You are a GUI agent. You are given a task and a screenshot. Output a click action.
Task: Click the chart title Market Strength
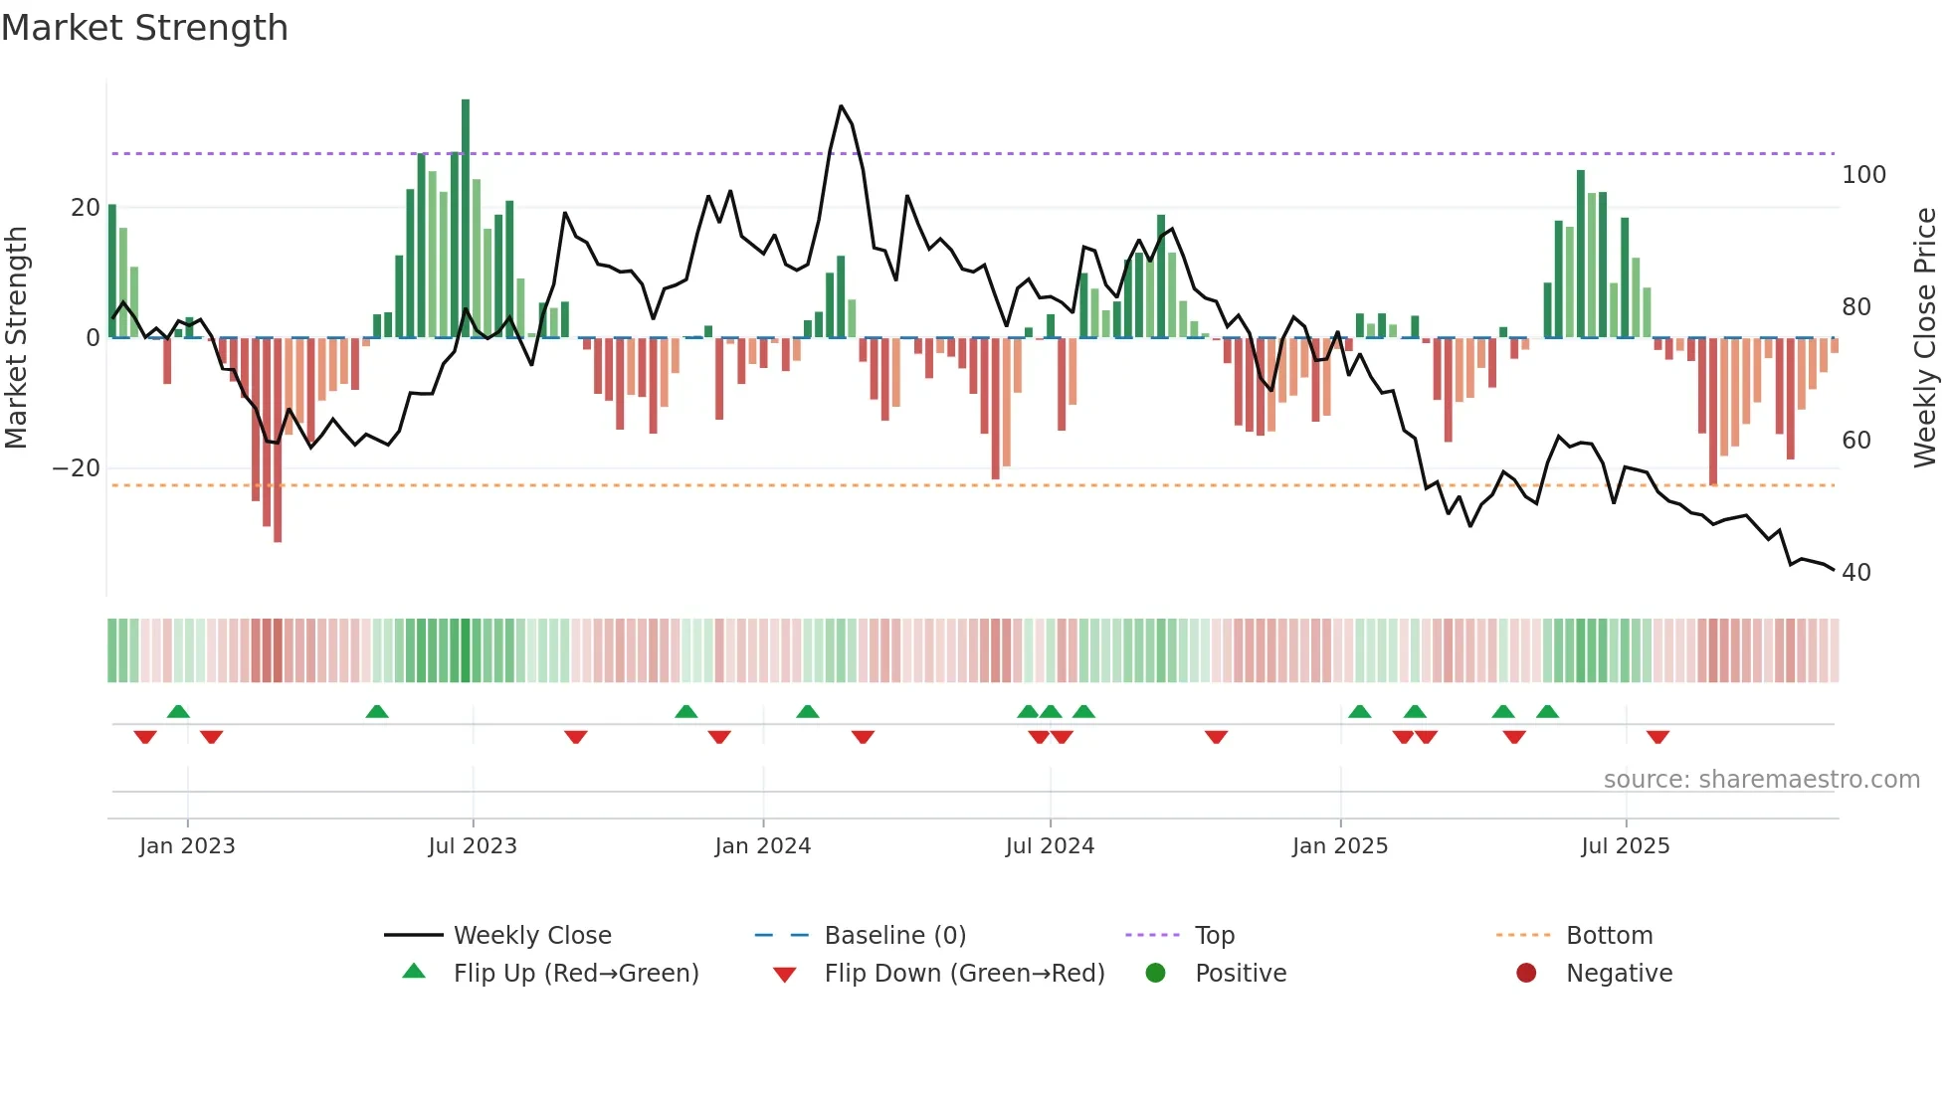click(x=144, y=28)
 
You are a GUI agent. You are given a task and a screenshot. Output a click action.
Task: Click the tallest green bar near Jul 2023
click(x=466, y=219)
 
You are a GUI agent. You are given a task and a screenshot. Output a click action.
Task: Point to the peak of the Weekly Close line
click(x=841, y=106)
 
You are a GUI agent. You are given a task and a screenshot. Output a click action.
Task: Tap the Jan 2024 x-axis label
click(x=762, y=846)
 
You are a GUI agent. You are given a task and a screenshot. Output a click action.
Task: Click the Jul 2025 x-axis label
click(x=1625, y=846)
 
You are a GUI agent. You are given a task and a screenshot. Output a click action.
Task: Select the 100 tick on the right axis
click(x=1863, y=175)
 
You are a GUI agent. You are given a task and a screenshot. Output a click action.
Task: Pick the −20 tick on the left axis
click(x=77, y=468)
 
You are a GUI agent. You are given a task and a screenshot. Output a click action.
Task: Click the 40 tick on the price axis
click(x=1855, y=573)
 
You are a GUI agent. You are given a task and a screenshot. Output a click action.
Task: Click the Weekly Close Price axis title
click(x=1925, y=338)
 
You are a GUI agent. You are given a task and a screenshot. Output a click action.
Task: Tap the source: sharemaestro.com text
click(x=1761, y=780)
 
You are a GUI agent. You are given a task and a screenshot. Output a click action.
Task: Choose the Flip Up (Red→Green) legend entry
click(x=575, y=973)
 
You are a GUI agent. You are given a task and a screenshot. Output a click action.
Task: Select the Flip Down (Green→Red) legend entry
click(x=963, y=973)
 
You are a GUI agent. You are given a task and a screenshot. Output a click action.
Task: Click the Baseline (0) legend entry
click(x=894, y=936)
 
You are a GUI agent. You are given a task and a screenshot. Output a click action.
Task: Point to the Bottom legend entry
click(x=1608, y=936)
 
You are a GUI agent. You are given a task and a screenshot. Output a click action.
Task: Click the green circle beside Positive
click(x=1155, y=973)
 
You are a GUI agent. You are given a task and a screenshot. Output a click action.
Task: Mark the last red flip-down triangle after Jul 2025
click(x=1657, y=737)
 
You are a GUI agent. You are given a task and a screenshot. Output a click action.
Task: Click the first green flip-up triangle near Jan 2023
click(x=178, y=711)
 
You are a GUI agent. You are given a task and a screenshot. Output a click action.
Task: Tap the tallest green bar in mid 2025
click(x=1581, y=254)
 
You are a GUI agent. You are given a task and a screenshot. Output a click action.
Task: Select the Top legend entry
click(x=1214, y=936)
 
